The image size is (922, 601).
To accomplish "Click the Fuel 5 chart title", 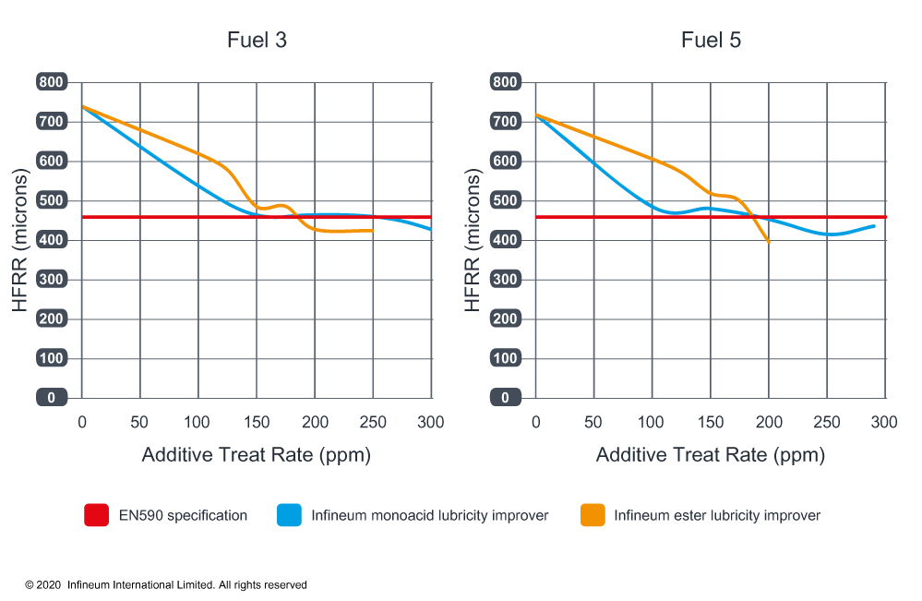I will coord(711,41).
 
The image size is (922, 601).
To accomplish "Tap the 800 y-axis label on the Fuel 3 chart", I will coord(52,82).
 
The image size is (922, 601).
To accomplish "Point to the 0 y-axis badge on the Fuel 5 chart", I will coord(506,398).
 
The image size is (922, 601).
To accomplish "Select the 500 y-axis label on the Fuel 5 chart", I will coord(506,200).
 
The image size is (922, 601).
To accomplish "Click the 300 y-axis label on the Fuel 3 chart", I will coord(52,280).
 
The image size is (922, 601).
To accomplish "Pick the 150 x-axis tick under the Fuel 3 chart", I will coord(257,423).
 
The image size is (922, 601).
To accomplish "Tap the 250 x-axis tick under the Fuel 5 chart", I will coord(827,423).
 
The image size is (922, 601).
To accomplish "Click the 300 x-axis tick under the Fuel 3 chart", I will coord(431,423).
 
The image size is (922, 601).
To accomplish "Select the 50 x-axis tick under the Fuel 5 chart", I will coord(593,423).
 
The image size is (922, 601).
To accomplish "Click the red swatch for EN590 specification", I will coord(96,515).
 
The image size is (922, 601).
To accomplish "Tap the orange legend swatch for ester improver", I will coord(592,515).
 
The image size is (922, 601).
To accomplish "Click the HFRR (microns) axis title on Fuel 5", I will coord(473,240).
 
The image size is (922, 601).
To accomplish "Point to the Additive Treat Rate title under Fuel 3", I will coord(257,455).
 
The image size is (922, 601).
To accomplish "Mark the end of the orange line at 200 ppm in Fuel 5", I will coord(769,241).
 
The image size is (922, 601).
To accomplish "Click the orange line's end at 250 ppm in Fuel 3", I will coord(372,230).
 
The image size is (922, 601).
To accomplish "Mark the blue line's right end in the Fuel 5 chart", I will coord(873,225).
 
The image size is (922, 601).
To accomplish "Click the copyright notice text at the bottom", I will coord(166,585).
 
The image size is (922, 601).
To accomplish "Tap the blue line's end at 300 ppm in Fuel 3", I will coord(430,228).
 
